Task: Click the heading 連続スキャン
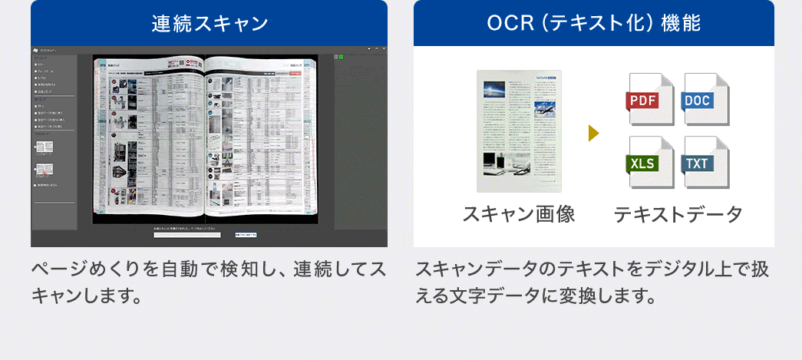click(209, 23)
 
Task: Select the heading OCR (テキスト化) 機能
click(593, 23)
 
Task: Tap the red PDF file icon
click(649, 100)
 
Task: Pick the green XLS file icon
click(649, 163)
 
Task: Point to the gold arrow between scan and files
click(593, 134)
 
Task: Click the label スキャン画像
click(519, 214)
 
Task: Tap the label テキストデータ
click(678, 214)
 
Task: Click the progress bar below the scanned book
click(187, 234)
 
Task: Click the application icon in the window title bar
click(36, 48)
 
